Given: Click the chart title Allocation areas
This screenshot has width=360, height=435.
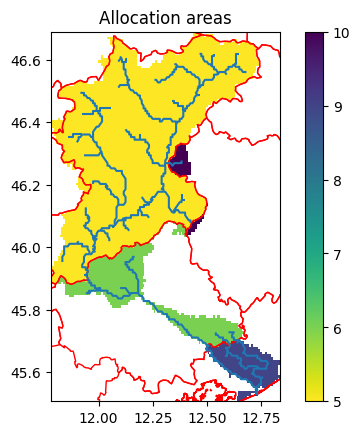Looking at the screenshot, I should point(165,17).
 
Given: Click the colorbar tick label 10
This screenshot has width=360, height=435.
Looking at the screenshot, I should point(340,33).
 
